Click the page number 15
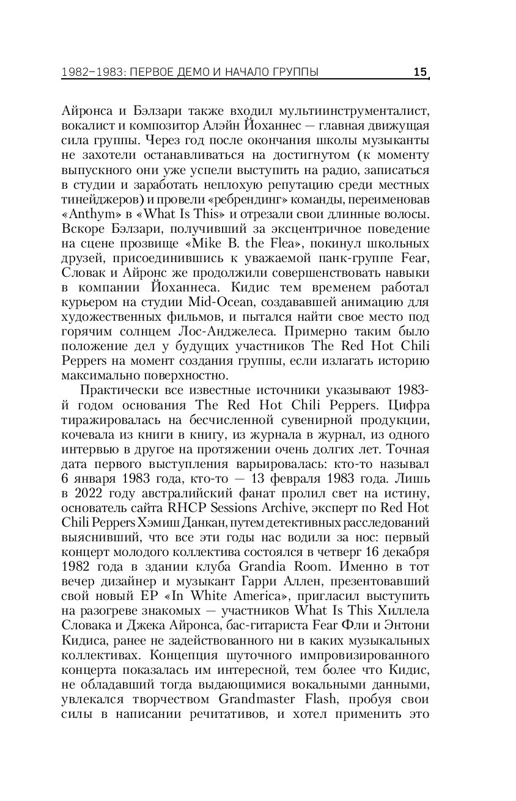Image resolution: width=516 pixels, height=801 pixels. (420, 73)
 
